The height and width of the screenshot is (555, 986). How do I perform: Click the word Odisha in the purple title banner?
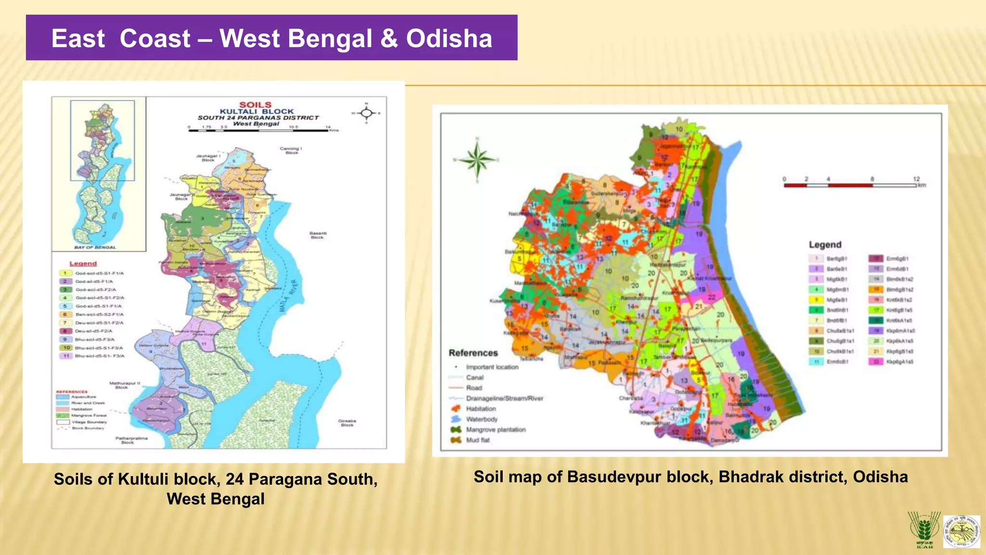[449, 39]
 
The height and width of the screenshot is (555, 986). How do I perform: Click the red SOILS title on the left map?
[255, 105]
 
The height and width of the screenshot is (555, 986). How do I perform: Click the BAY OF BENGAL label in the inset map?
[95, 247]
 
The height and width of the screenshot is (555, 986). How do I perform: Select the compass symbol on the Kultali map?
[366, 113]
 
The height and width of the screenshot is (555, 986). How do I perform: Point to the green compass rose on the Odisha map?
[477, 159]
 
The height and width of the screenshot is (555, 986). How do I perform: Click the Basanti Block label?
[317, 235]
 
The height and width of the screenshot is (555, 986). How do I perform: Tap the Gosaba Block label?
[347, 423]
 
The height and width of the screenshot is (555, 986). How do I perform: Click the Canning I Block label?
[291, 150]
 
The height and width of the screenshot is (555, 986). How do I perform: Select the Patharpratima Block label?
[131, 440]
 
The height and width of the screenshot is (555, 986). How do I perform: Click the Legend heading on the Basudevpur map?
[825, 245]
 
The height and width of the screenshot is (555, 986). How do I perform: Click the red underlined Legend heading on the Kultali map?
[83, 264]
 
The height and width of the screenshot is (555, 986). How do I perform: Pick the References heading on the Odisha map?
[473, 353]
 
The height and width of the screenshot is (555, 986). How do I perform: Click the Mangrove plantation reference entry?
[495, 429]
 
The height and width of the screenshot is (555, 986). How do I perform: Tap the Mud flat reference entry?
[478, 440]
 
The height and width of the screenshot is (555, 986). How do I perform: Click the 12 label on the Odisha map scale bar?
[916, 179]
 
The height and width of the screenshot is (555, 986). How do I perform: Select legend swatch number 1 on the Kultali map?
[65, 273]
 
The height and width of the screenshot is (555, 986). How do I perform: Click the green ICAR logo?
[923, 529]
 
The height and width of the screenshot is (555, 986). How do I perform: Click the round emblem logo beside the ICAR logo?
[961, 531]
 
